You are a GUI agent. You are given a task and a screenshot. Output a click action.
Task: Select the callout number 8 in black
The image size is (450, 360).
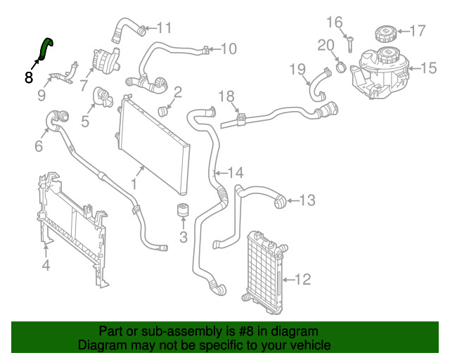click(x=29, y=77)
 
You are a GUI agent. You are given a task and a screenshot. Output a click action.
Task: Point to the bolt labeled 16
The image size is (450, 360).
click(x=350, y=44)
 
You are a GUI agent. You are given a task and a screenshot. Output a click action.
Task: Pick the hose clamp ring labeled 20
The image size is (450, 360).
click(x=341, y=67)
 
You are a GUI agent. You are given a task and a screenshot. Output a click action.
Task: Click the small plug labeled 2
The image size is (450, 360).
click(x=163, y=111)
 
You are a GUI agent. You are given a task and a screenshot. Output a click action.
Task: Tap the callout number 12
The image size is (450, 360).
click(x=303, y=279)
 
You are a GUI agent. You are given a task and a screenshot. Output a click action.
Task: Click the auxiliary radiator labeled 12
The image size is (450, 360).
click(x=266, y=271)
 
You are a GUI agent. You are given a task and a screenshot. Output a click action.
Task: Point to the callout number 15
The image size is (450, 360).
click(x=429, y=68)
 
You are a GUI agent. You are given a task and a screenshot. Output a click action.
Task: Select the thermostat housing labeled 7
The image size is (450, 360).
click(x=105, y=62)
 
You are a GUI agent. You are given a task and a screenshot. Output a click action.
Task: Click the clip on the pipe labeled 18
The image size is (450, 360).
click(x=241, y=119)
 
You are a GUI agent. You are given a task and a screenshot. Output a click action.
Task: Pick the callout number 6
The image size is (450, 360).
click(x=39, y=146)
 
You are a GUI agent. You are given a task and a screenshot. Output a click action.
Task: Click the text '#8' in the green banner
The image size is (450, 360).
click(x=246, y=332)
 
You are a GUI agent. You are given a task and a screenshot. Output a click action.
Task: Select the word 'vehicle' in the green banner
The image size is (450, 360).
click(x=312, y=345)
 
